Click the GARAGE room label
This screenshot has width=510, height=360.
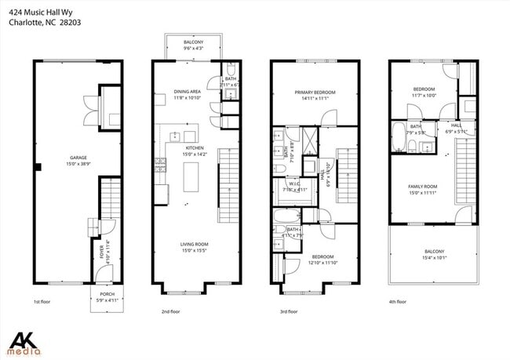[x=78, y=157]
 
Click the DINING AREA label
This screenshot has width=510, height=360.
[x=187, y=92]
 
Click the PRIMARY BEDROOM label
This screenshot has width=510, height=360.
[x=315, y=92]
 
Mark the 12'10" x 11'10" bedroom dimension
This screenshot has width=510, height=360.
[x=322, y=263]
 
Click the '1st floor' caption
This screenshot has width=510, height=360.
[x=42, y=301]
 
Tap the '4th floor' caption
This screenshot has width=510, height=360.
[x=397, y=301]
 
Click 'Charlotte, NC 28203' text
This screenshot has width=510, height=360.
[x=45, y=23]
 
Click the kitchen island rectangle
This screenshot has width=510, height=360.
[x=189, y=177]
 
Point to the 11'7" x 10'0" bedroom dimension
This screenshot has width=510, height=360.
[x=424, y=96]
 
